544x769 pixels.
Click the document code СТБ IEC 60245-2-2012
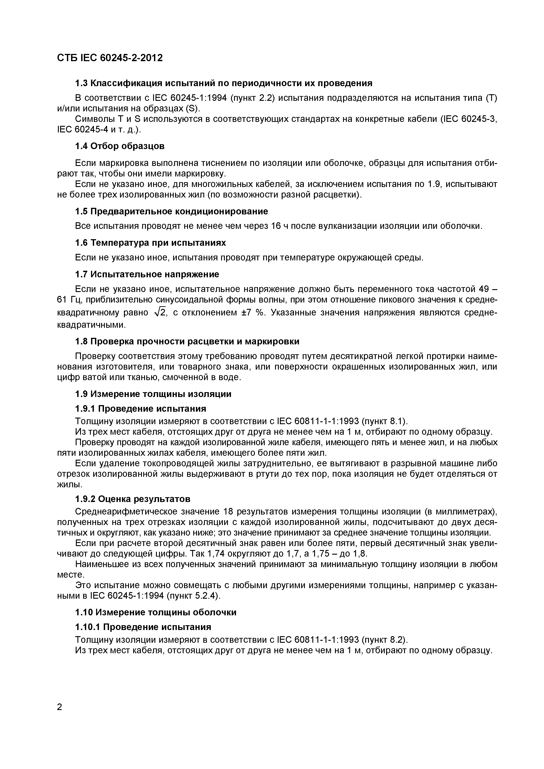(110, 58)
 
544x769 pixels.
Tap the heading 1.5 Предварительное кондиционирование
(171, 211)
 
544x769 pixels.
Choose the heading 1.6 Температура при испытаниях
(150, 243)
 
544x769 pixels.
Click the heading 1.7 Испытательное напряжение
(147, 274)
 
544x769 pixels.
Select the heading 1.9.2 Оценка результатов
(133, 499)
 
